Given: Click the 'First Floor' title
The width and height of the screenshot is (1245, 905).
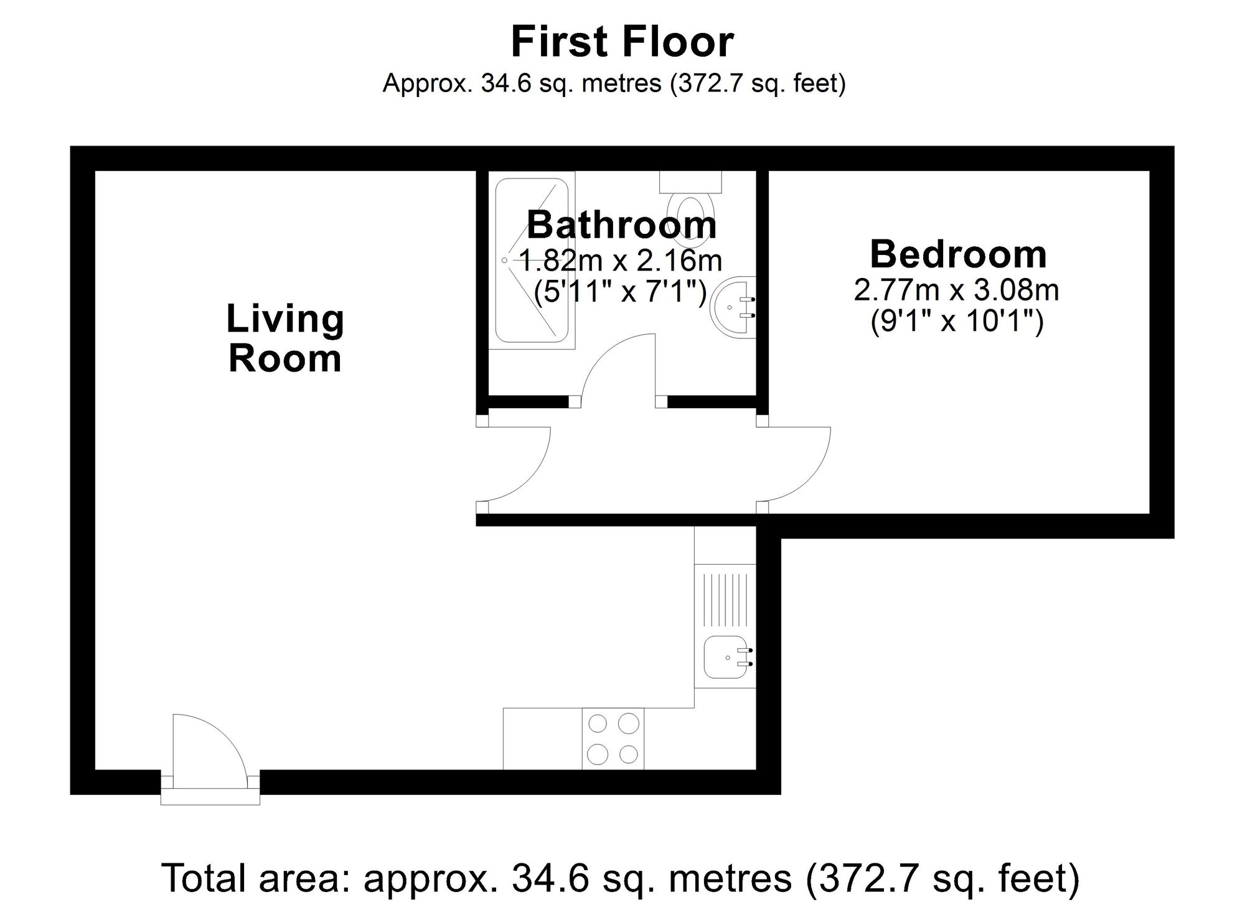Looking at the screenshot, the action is (x=622, y=42).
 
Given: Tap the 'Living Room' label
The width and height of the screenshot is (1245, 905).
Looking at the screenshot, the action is (x=285, y=338).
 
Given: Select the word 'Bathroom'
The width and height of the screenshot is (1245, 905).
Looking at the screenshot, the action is (x=622, y=225).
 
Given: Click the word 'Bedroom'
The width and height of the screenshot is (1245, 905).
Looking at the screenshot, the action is (x=958, y=254).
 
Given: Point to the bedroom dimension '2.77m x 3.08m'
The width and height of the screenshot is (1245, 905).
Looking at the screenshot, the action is (x=956, y=290).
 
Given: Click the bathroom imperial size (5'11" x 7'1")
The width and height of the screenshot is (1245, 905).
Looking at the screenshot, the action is (x=621, y=291).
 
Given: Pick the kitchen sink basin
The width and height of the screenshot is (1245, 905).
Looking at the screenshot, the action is (x=727, y=657).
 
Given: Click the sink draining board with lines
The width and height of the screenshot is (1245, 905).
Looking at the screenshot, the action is (x=725, y=600).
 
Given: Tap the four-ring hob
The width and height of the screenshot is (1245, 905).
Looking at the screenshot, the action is (x=613, y=738).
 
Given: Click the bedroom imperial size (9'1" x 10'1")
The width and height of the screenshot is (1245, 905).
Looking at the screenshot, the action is (x=957, y=322).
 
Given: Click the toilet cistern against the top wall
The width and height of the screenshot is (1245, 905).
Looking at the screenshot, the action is (x=690, y=182).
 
